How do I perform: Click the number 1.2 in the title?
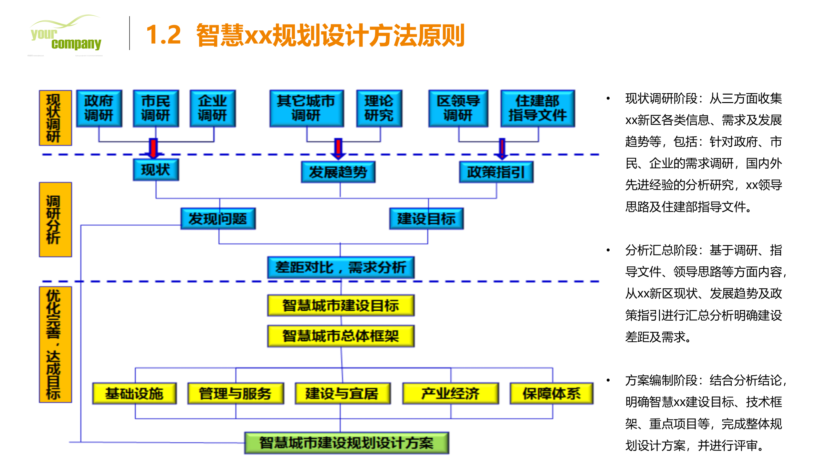163,35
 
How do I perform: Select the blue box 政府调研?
99,108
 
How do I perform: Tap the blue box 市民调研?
156,108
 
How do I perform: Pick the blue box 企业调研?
213,108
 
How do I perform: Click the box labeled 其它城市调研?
306,108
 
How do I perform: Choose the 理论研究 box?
379,108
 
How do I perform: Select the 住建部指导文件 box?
538,108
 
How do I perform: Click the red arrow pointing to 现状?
153,149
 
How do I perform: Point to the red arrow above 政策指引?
502,149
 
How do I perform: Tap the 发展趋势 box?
338,172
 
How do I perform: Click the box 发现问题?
218,219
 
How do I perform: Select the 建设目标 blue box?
426,219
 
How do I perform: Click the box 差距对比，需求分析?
341,267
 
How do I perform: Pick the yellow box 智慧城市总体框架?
341,336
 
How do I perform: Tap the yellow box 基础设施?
134,393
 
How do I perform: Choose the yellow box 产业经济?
450,393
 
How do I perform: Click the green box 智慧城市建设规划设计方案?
346,443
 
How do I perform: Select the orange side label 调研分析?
55,220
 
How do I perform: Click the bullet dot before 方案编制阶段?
608,380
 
